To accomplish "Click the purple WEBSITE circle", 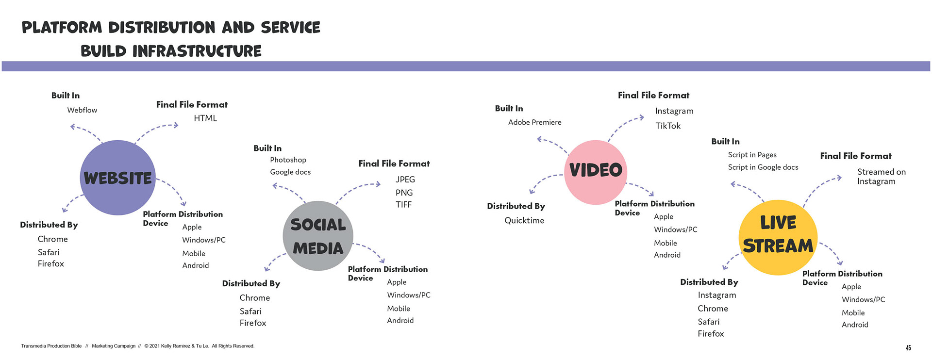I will point(117,178).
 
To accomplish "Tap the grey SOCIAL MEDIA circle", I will point(318,236).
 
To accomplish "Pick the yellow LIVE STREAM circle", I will point(778,237).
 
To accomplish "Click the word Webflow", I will point(82,110).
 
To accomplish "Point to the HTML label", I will point(205,118).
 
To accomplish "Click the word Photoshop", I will point(288,160).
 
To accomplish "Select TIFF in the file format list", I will point(403,205).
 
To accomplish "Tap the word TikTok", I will point(668,126).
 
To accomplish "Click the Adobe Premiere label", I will point(534,122).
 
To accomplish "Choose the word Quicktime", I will point(524,220).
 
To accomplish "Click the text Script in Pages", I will point(752,155).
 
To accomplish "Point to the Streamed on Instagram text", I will point(881,177).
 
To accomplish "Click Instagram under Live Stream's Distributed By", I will point(716,295).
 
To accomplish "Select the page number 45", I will point(908,348).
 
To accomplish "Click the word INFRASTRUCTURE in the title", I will point(197,51).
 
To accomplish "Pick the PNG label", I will point(404,193).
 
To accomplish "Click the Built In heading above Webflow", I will point(66,96).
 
